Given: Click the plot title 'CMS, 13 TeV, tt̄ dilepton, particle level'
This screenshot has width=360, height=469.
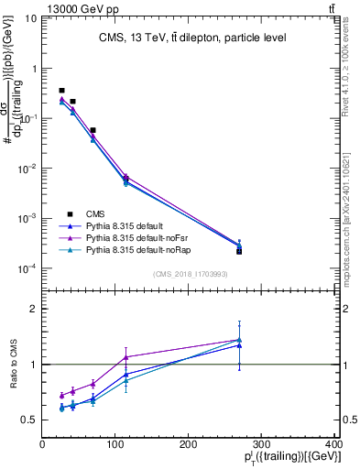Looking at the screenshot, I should [x=191, y=38].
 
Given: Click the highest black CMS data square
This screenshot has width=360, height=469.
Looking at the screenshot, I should [x=61, y=91].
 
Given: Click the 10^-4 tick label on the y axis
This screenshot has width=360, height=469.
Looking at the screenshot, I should [x=27, y=268].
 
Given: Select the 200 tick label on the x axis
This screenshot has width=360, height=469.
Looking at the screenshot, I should [x=189, y=444].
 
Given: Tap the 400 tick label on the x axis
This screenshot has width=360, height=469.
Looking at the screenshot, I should [x=335, y=444].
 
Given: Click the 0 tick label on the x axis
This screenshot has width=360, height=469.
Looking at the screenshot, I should [x=42, y=444].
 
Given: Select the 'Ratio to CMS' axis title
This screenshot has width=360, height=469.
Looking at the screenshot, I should [x=13, y=364].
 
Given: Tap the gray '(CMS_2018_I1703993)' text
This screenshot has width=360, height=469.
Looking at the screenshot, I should [x=191, y=274].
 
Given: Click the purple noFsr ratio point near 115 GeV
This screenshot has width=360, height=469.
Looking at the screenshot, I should [x=125, y=357].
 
